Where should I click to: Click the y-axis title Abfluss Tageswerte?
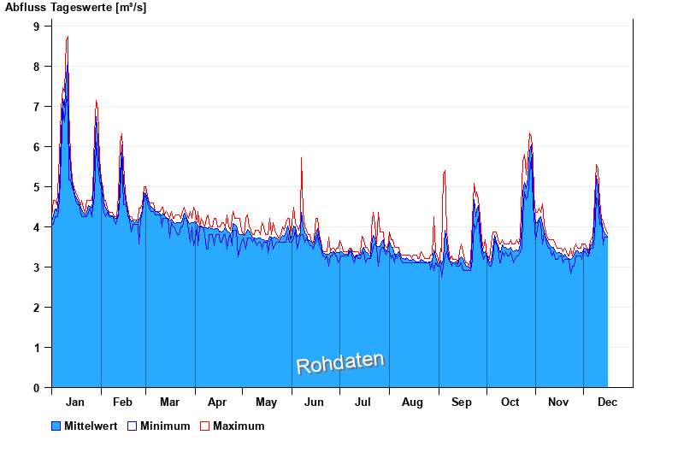75,8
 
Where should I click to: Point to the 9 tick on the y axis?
37,26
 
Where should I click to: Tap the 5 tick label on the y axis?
37,187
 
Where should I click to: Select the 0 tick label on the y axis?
37,388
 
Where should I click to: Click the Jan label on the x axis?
75,402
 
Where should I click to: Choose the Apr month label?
217,402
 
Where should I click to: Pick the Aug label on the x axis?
412,402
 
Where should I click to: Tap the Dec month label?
608,402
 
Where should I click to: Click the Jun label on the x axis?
315,402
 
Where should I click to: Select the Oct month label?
510,402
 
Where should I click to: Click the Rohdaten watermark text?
340,363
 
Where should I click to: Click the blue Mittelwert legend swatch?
56,426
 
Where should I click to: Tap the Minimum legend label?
165,426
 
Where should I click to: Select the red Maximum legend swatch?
204,426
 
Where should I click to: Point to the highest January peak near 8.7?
68,38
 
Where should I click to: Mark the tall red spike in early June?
302,159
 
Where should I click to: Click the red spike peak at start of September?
445,172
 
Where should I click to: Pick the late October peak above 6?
530,134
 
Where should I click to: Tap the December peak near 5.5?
597,166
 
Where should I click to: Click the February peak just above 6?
121,135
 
